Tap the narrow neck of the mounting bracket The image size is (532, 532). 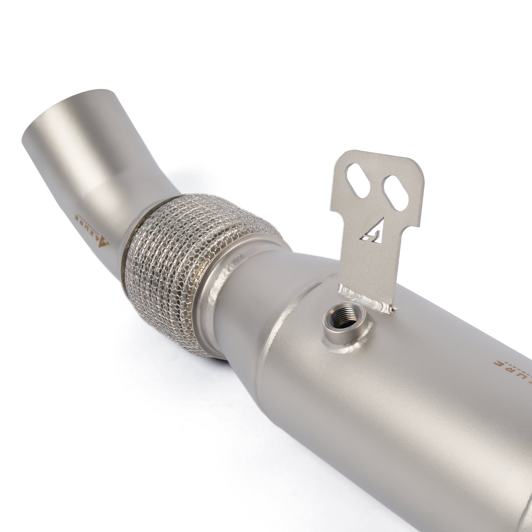[x=366, y=256]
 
